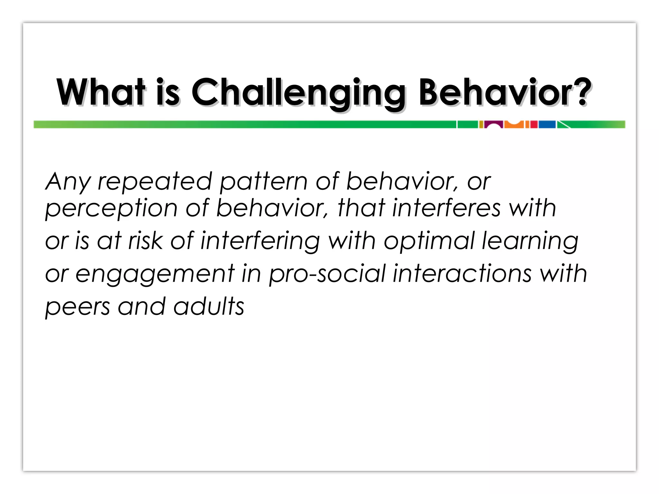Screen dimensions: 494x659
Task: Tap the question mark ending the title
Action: tap(582, 92)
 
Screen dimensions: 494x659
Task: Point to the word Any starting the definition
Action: tap(68, 182)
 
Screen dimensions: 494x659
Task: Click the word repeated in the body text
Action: tap(155, 182)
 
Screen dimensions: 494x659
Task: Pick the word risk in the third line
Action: tap(145, 241)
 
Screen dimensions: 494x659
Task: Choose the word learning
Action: tap(530, 242)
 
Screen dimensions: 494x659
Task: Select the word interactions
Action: tap(462, 274)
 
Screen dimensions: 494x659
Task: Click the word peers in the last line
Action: tap(78, 307)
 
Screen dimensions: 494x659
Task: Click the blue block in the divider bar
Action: tap(547, 124)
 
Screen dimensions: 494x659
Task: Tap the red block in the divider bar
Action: tap(534, 124)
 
